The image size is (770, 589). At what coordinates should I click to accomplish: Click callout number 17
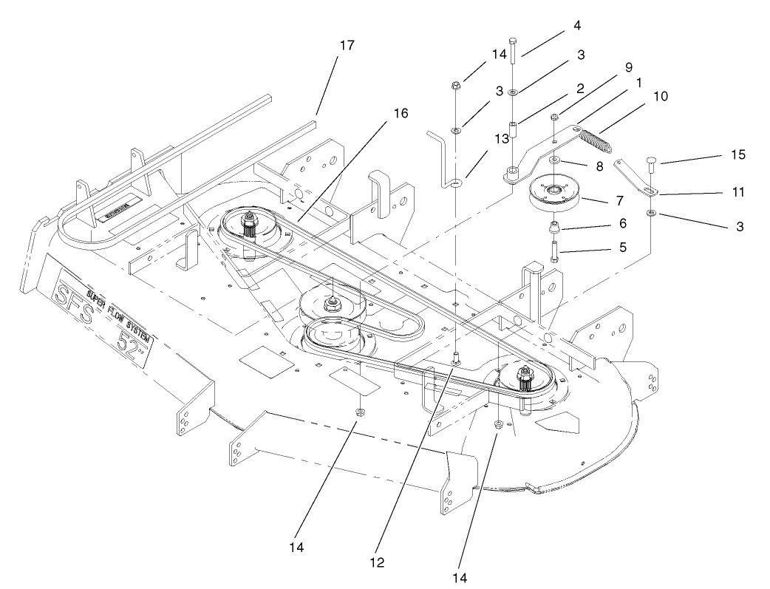[x=347, y=46]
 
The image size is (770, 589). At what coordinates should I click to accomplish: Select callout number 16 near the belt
[x=401, y=113]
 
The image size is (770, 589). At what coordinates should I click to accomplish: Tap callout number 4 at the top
[x=576, y=25]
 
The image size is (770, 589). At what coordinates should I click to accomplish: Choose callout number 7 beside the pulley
[x=615, y=200]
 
